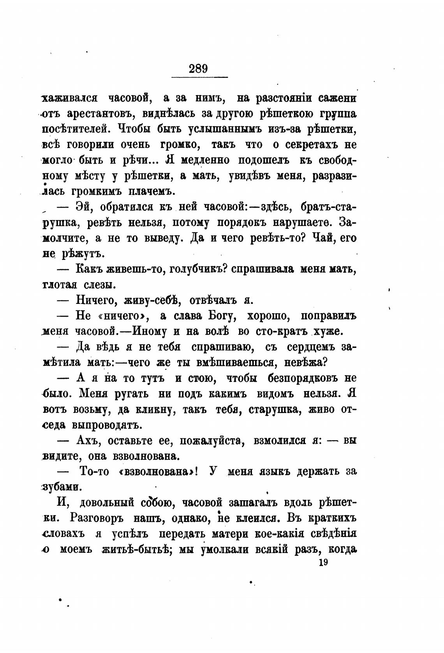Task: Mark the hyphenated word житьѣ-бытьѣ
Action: click(x=136, y=550)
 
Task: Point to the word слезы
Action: click(x=98, y=285)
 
